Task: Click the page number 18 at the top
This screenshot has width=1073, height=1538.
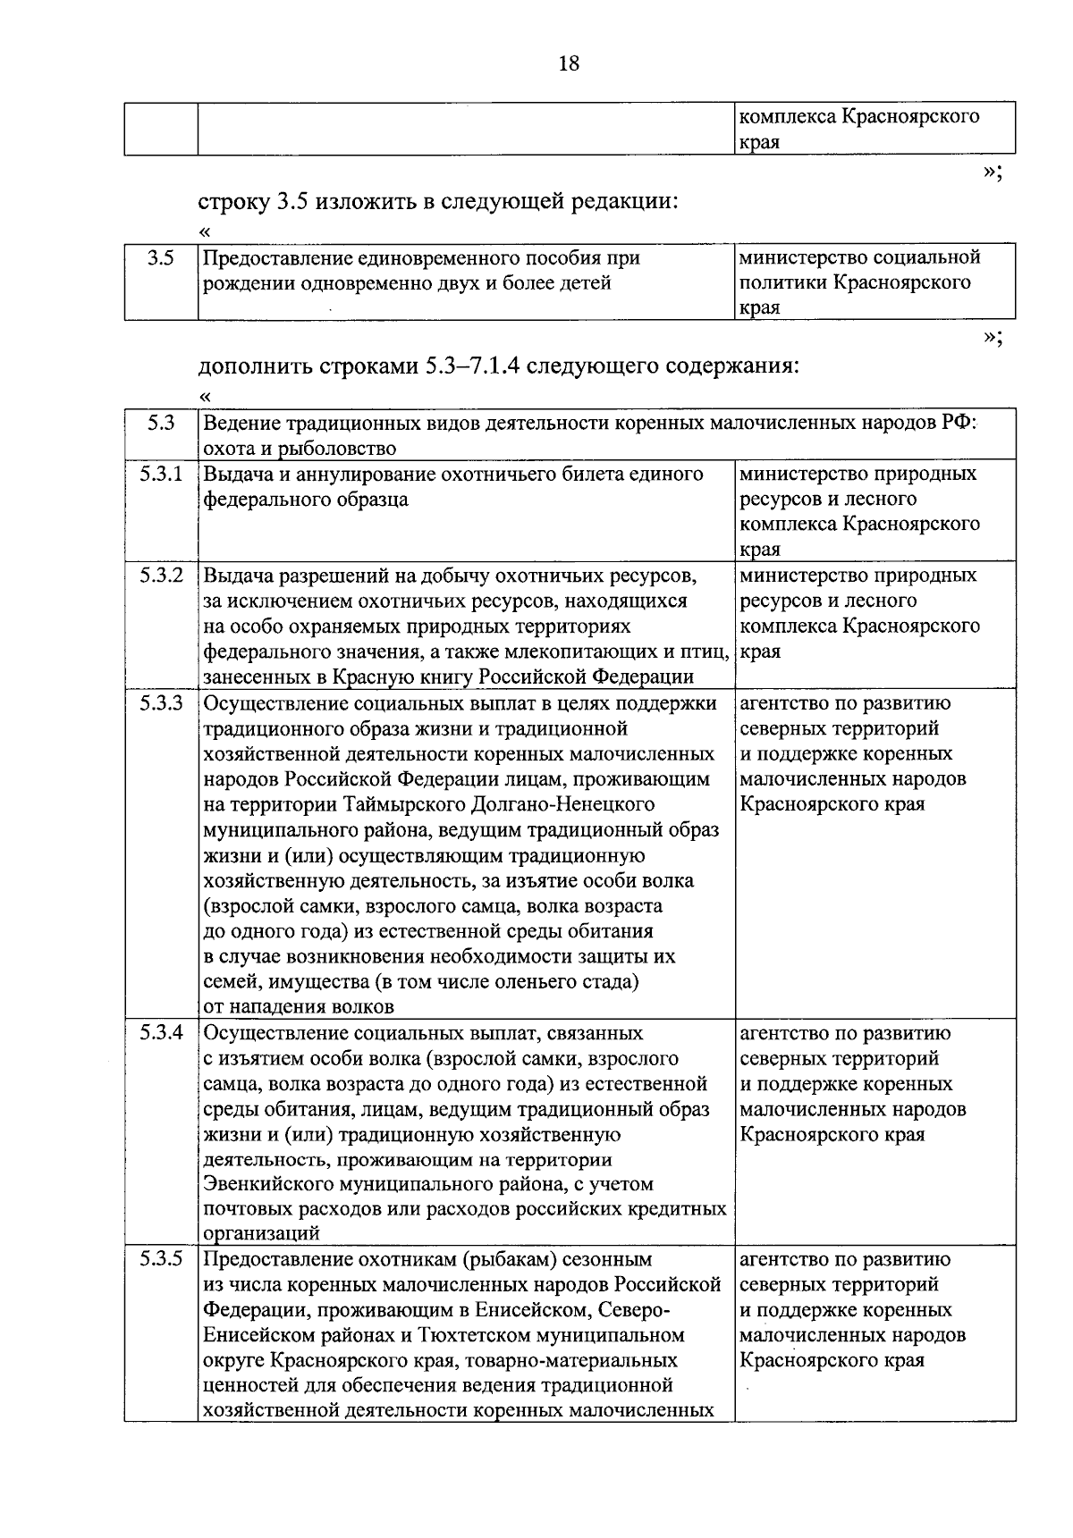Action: pos(569,63)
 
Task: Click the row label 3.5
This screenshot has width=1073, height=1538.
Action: pos(160,259)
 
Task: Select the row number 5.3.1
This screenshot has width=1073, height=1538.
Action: pos(161,475)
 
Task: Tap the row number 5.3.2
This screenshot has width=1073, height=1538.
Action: pos(161,576)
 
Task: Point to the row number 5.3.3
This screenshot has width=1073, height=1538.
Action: pos(161,703)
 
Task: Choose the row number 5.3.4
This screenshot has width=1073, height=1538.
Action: pos(161,1033)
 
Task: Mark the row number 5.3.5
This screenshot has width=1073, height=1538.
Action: pos(161,1259)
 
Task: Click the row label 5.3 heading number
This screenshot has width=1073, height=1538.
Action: pos(161,424)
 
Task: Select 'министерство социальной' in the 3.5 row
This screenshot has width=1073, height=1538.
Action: pos(859,258)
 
